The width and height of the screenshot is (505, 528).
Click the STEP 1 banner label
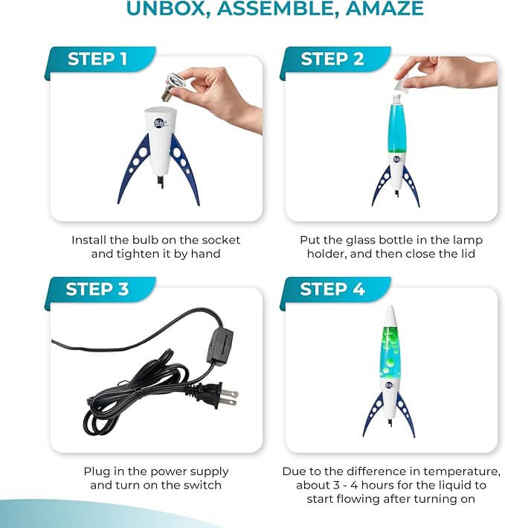pyautogui.click(x=97, y=59)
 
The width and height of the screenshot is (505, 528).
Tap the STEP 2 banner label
pyautogui.click(x=332, y=59)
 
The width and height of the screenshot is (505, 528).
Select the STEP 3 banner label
pyautogui.click(x=97, y=289)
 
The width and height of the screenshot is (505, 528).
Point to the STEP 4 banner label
pyautogui.click(x=332, y=289)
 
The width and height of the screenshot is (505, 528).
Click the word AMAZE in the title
pyautogui.click(x=385, y=8)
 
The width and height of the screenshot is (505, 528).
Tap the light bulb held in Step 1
pyautogui.click(x=173, y=86)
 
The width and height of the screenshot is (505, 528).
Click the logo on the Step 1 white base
pyautogui.click(x=161, y=123)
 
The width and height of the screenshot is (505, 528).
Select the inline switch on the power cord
pyautogui.click(x=220, y=346)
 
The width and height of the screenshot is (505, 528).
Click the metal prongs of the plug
pyautogui.click(x=231, y=398)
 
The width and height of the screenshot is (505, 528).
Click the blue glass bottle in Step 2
pyautogui.click(x=397, y=127)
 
